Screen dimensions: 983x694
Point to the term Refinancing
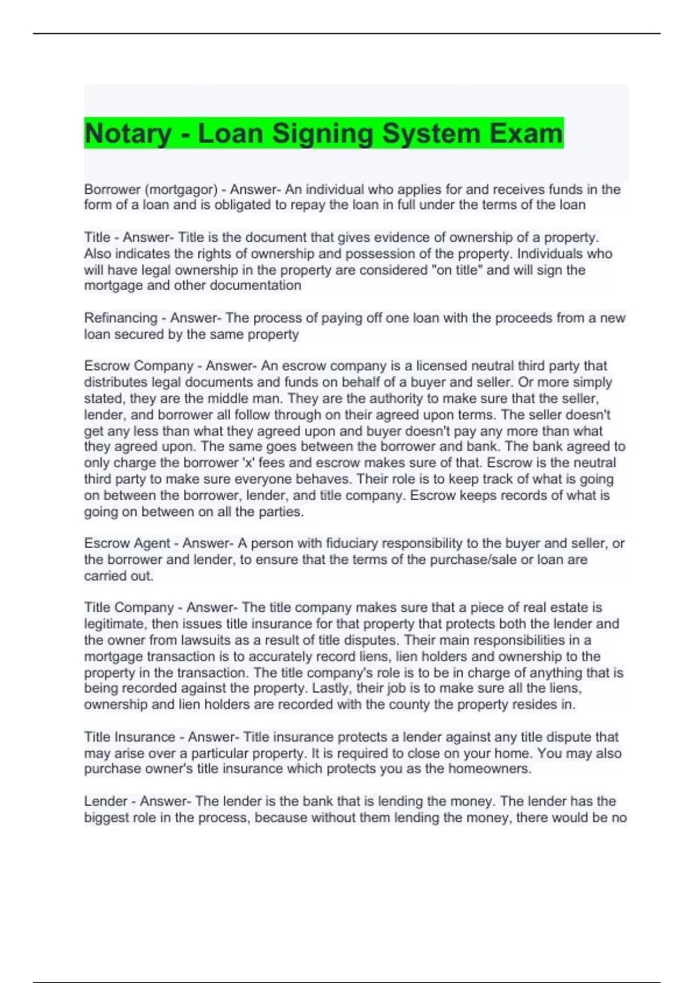121,318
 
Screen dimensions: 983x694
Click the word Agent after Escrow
152,544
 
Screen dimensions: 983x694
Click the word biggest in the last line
106,818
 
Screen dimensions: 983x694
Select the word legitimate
115,624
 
